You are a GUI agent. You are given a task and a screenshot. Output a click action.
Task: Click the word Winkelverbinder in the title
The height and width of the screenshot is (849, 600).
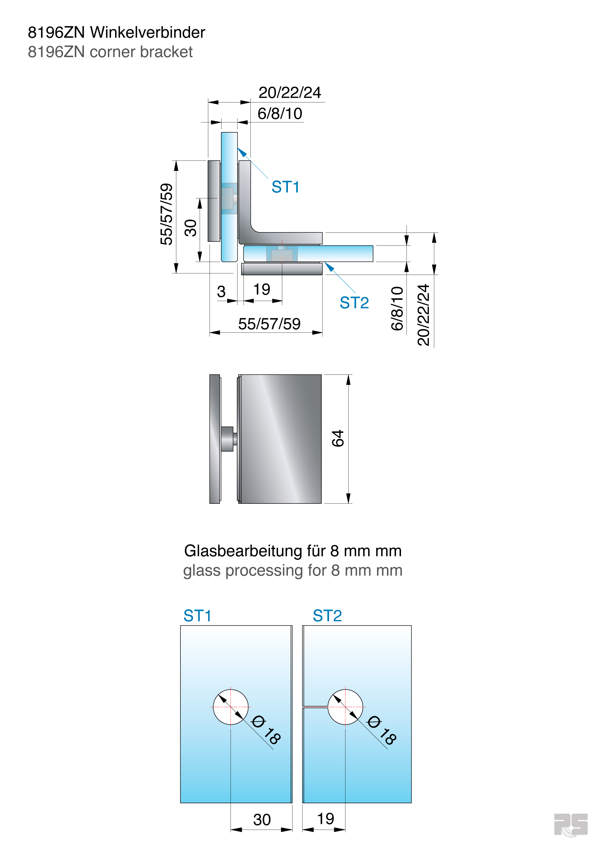point(148,33)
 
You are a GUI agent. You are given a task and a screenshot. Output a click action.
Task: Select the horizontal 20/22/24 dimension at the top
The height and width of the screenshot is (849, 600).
point(290,93)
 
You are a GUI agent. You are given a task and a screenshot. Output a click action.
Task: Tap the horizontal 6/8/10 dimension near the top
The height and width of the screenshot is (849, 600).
point(280,113)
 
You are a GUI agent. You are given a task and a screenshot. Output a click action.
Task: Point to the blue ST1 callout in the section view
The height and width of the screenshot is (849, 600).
point(285,187)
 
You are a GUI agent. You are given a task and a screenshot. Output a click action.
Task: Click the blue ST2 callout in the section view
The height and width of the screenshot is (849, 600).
point(354,303)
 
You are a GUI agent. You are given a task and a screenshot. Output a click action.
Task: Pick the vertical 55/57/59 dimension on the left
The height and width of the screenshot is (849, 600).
point(167,214)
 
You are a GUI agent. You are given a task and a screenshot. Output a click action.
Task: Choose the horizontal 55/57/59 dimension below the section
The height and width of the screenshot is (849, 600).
point(269,324)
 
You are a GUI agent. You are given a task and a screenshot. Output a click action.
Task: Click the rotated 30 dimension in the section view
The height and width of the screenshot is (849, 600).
point(190,228)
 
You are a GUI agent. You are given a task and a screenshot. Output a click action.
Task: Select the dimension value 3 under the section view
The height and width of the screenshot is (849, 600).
point(221,292)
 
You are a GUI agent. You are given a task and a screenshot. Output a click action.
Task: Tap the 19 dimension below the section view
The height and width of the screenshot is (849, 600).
point(262,289)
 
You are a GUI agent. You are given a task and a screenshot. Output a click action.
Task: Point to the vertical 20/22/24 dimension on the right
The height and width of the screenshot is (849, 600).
point(424,315)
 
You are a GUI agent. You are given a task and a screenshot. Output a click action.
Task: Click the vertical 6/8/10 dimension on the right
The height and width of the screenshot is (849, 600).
point(397,308)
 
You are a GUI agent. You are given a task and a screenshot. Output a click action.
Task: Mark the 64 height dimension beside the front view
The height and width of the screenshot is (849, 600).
point(338,438)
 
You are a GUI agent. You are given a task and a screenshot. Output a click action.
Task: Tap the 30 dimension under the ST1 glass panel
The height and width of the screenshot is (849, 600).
point(262,820)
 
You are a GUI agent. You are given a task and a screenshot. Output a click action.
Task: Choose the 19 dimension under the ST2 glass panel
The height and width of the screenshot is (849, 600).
point(325,819)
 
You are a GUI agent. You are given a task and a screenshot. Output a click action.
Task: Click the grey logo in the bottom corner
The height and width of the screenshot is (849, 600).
point(571,824)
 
